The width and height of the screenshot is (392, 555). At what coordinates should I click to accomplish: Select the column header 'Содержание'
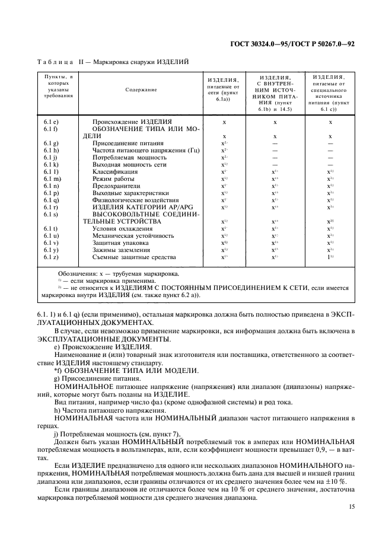141,90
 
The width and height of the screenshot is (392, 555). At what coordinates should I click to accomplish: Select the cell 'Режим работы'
113,178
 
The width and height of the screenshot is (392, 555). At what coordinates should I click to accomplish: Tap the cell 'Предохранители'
117,186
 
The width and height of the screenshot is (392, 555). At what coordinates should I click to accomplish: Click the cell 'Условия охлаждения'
122,228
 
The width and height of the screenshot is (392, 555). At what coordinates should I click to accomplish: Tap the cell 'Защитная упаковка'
120,243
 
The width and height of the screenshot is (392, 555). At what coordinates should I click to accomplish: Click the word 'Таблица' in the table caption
55,62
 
